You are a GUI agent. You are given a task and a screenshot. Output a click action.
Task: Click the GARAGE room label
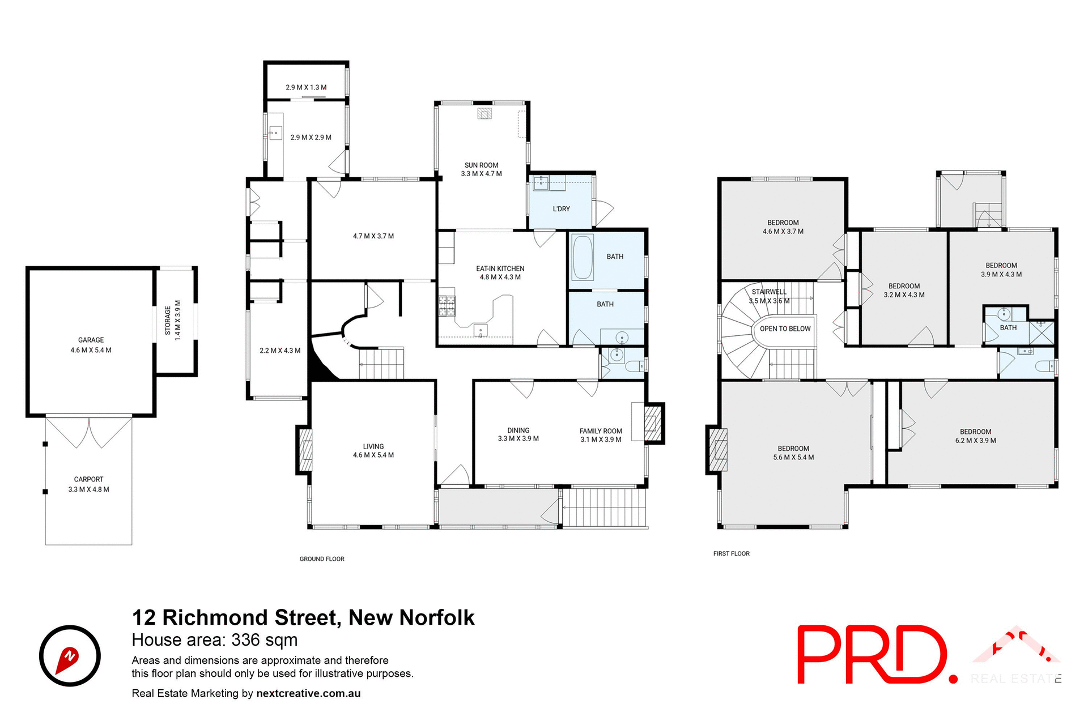point(91,340)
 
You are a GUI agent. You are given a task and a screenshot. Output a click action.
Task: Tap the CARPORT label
point(88,479)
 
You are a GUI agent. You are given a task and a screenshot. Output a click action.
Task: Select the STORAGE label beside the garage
point(168,320)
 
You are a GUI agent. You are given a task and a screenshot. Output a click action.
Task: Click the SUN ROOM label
point(481,165)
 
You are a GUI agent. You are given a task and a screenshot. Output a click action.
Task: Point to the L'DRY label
point(561,209)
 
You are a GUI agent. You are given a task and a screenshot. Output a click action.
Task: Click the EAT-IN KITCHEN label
point(500,268)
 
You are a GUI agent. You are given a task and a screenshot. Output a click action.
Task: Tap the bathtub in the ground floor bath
point(582,257)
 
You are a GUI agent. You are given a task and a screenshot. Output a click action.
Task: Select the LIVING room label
point(373,446)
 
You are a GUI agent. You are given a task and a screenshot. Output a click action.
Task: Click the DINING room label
point(518,430)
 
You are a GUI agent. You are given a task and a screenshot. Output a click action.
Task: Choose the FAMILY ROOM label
point(601,431)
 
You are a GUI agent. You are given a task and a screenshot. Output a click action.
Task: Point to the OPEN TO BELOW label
point(785,329)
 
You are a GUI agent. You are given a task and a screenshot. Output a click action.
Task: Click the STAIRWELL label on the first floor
point(769,292)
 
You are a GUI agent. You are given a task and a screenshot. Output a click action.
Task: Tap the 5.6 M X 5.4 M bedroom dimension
point(793,458)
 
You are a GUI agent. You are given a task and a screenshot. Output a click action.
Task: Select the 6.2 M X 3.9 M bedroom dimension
point(975,441)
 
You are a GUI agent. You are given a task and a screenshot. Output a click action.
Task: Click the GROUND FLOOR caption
point(322,559)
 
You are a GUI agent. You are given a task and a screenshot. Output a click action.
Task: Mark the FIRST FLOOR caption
point(731,554)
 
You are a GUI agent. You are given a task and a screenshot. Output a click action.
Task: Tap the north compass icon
point(70,656)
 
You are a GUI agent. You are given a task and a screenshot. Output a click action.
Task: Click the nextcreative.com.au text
point(308,693)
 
